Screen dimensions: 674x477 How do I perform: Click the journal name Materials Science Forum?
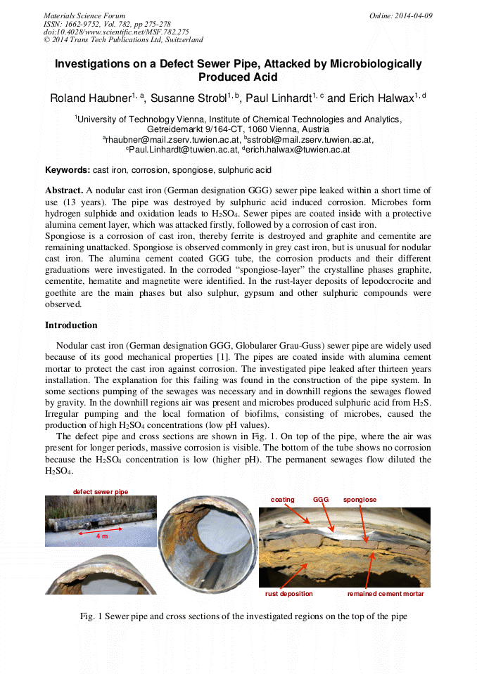84,15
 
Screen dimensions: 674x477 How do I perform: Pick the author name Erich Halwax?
381,98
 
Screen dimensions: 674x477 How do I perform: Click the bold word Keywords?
68,170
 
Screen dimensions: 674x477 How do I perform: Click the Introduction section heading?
71,325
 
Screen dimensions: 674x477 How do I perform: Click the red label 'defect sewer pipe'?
101,491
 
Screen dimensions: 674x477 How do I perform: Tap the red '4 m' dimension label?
102,536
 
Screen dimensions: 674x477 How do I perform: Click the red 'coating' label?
283,500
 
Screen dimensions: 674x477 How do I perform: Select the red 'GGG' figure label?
321,500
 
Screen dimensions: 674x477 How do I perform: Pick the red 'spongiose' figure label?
360,500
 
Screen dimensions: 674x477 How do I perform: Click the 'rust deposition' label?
288,594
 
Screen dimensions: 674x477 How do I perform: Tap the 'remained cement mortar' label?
386,594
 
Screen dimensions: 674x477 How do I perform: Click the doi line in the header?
116,32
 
